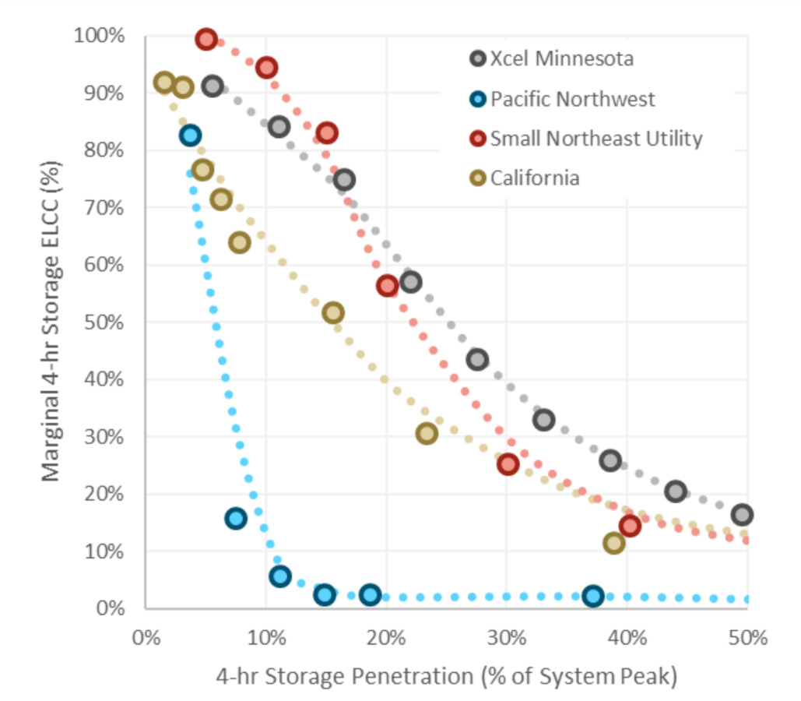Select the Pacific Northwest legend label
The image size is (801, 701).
click(x=572, y=99)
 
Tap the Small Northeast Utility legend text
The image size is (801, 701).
click(x=595, y=139)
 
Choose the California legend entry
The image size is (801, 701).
click(x=534, y=178)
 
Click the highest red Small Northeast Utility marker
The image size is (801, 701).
click(x=206, y=39)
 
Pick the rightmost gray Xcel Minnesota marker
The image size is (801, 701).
click(x=742, y=514)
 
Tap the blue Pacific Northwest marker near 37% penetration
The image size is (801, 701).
click(x=594, y=596)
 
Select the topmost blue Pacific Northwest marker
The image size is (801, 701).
click(x=190, y=136)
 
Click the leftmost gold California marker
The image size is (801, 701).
click(x=164, y=83)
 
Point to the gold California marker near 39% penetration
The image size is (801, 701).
click(x=614, y=542)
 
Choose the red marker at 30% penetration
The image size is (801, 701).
click(x=508, y=464)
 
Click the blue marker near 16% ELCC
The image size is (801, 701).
click(x=236, y=518)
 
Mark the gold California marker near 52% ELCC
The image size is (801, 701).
click(x=333, y=312)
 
